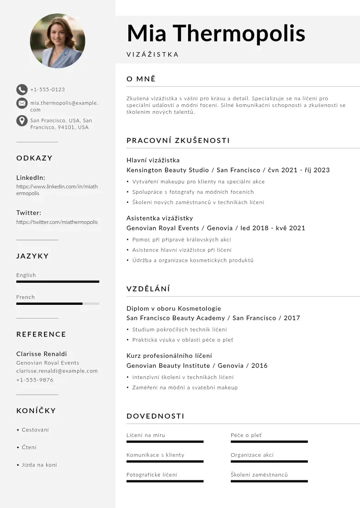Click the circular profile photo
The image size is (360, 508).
coord(58,41)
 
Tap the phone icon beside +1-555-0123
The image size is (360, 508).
coord(21,89)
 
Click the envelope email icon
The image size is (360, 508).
coord(21,103)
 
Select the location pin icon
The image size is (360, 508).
coord(21,121)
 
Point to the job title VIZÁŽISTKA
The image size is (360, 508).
coord(152,54)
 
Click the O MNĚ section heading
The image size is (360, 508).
coord(141,79)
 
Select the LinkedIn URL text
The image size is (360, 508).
coord(57,190)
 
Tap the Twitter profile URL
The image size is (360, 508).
coord(57,222)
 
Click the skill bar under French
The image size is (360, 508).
coord(58,303)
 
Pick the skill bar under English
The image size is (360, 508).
coord(58,282)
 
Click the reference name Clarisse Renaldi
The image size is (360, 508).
coord(41,354)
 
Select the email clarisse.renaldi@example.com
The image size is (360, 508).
coord(57,371)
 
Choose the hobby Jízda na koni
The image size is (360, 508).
coord(39,465)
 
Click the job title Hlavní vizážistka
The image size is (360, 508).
coord(153,160)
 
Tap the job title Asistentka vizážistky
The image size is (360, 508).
coord(160,218)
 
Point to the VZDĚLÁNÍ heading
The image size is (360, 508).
coord(148,289)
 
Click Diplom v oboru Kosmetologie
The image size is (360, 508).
coord(174,308)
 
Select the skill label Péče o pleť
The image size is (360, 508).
coord(246,435)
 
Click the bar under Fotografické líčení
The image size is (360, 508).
coord(165,481)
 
